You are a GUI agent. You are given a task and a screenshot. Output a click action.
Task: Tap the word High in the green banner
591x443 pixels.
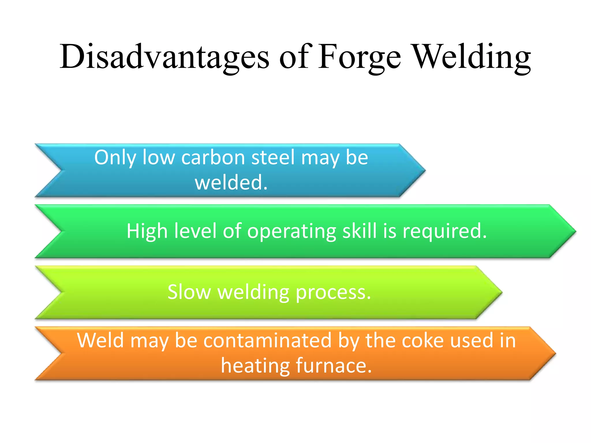click(147, 231)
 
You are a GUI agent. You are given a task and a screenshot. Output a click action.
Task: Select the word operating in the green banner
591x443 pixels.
click(291, 232)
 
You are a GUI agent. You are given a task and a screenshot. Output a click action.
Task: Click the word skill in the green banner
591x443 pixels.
click(360, 231)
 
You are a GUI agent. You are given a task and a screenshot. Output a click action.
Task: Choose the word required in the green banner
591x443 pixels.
click(444, 232)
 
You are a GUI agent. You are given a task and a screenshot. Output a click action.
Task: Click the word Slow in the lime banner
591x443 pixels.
click(189, 292)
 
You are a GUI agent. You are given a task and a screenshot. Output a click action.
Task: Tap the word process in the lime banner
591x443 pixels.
click(333, 293)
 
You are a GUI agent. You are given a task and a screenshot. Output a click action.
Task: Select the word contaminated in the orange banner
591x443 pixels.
click(268, 341)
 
